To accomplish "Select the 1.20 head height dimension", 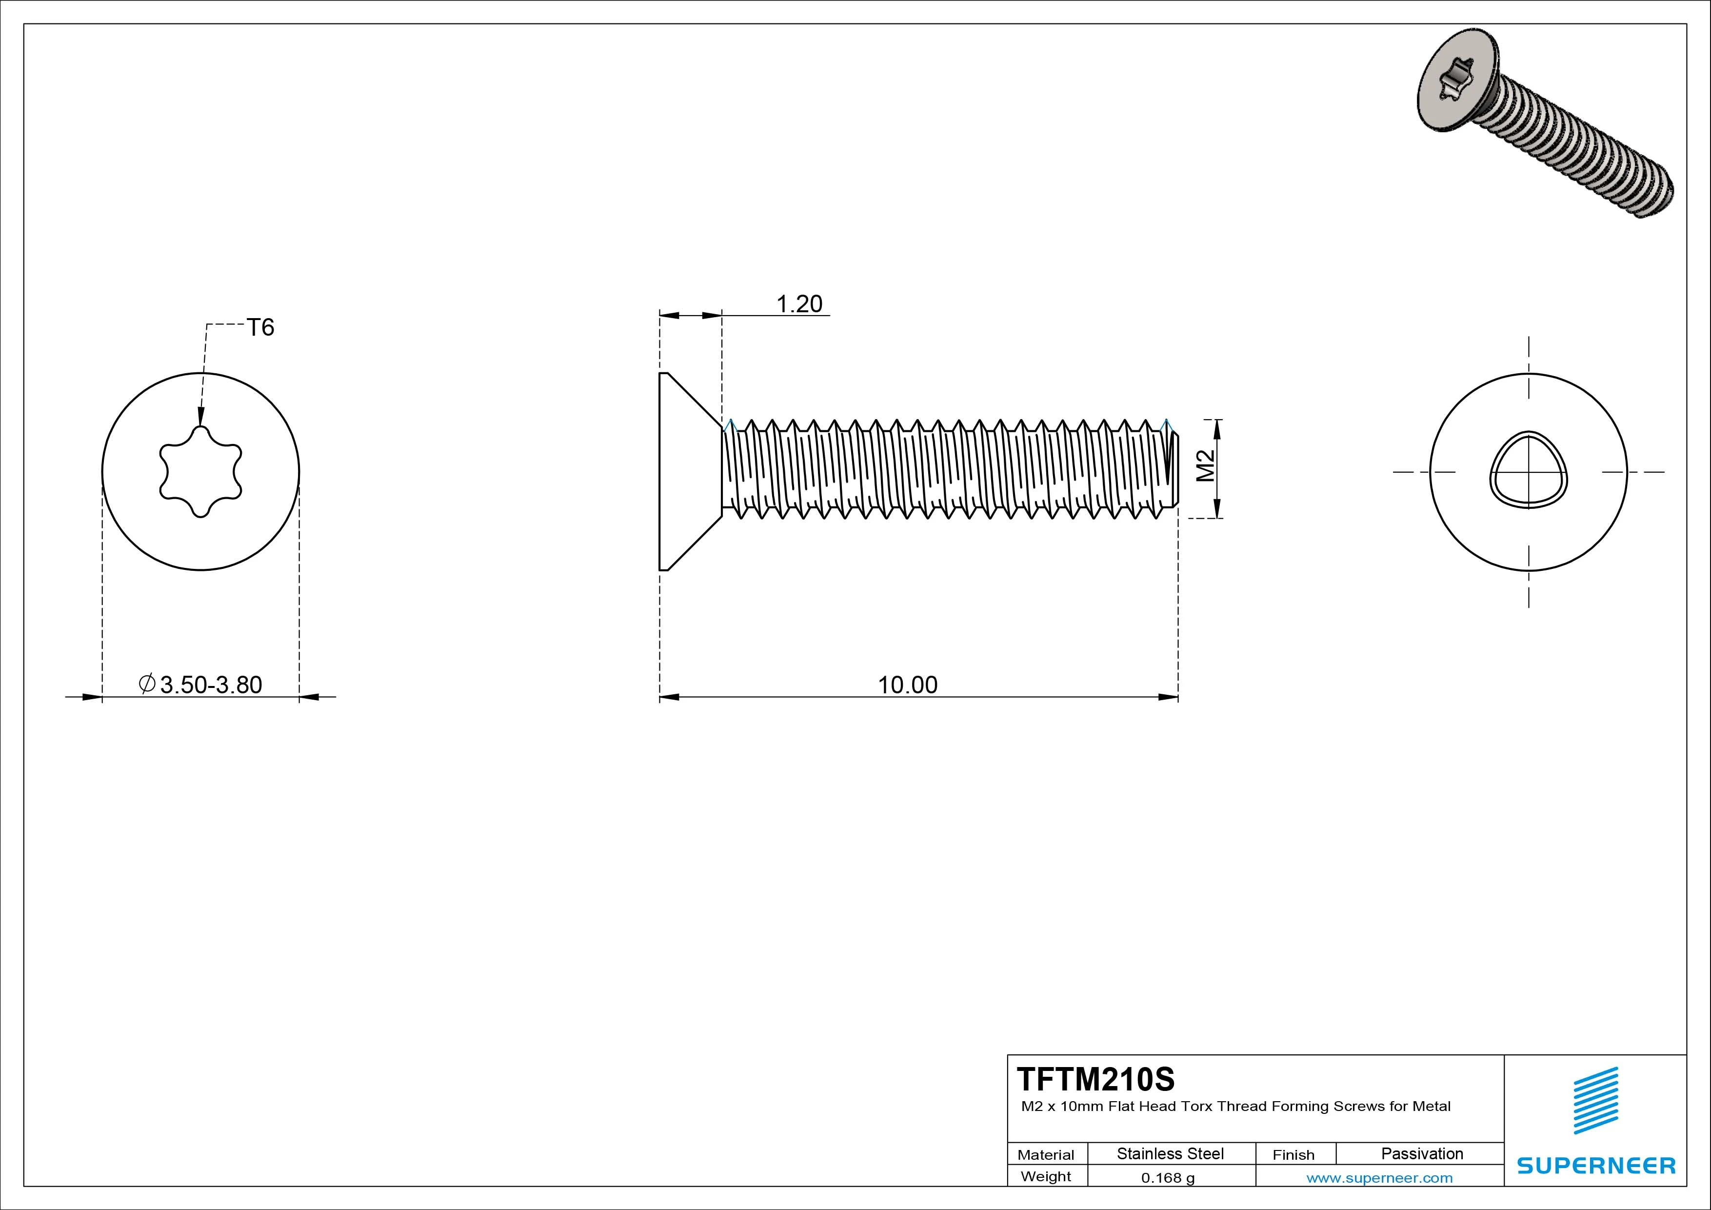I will coord(799,304).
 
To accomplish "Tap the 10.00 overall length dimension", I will coord(907,685).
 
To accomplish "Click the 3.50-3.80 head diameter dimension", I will coord(210,685).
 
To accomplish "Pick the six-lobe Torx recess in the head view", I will coord(200,472).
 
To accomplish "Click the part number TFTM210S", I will coord(1095,1079).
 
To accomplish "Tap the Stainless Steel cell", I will coord(1170,1153).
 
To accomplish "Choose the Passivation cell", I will coord(1422,1153).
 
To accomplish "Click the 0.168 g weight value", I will coord(1168,1178).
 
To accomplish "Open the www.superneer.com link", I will coord(1379,1178).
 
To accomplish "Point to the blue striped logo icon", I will coord(1595,1100).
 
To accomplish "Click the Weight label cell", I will coord(1046,1176).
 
